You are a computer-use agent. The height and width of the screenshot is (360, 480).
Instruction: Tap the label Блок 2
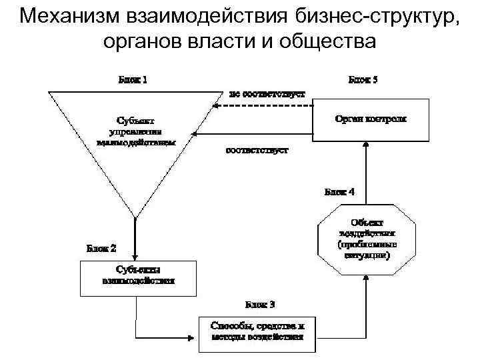102,248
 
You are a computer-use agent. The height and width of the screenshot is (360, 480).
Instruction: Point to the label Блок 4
340,192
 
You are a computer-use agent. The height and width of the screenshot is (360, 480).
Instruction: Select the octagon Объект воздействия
367,238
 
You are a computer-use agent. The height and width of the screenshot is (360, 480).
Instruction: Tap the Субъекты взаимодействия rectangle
139,277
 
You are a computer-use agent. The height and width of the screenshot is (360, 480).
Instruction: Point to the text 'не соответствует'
267,93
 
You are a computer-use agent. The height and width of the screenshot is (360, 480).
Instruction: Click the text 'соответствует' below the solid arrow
257,150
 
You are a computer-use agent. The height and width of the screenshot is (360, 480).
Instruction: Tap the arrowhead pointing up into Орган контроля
365,145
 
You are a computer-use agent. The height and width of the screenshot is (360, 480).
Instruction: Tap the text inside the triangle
136,131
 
